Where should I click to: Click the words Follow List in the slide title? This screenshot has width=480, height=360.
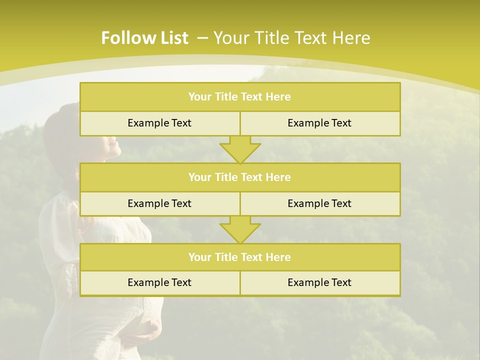click(144, 38)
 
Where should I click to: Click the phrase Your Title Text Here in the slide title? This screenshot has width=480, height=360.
click(291, 38)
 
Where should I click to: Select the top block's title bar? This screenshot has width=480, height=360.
click(240, 97)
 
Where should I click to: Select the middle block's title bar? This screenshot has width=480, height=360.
click(240, 177)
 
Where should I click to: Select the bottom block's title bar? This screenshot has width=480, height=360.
click(240, 257)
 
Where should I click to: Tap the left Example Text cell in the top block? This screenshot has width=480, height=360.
click(159, 123)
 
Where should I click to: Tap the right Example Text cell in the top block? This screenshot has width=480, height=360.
click(319, 123)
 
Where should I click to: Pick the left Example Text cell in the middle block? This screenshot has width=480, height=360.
click(159, 203)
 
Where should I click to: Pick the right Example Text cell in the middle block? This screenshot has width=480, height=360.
click(319, 203)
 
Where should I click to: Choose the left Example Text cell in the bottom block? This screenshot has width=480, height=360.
click(159, 282)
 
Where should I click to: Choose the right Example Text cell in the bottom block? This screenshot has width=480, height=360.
click(319, 282)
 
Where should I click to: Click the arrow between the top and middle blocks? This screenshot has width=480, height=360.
click(240, 149)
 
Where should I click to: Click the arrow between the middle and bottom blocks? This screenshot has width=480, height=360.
click(240, 229)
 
